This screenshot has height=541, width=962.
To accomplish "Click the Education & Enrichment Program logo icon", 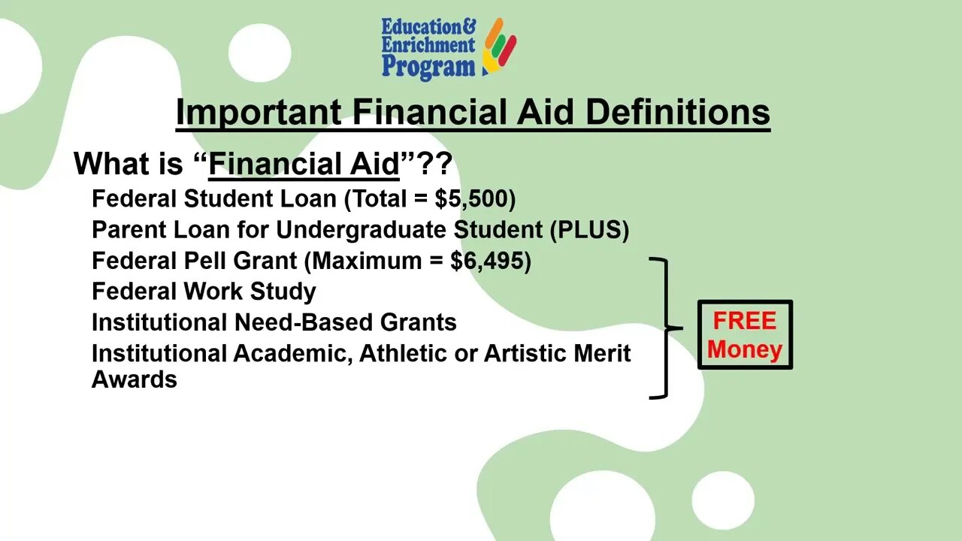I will click(499, 46).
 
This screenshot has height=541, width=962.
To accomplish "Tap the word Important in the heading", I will click(258, 113).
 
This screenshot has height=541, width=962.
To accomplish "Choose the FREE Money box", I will click(745, 335).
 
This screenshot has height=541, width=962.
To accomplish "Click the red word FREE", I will click(744, 321).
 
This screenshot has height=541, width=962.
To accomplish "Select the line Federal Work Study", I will click(204, 292).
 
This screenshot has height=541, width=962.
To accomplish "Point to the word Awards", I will click(135, 379).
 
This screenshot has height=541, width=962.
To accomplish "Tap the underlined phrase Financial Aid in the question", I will click(304, 164).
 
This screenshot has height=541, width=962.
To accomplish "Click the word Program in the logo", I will click(428, 67).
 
